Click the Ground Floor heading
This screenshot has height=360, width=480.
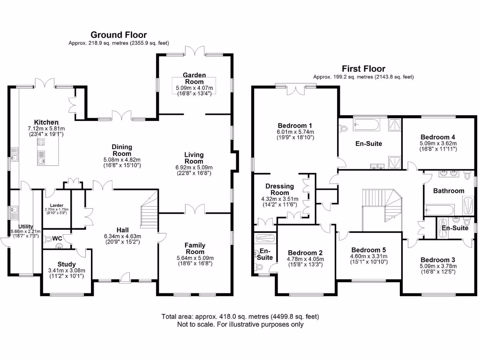click(119, 35)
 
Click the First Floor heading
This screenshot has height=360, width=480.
click(363, 68)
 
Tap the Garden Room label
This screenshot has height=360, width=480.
click(194, 78)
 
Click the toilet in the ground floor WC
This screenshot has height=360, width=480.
click(48, 239)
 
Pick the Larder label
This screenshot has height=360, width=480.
click(56, 205)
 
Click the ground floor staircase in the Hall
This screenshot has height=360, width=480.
click(150, 216)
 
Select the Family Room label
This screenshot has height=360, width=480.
click(195, 248)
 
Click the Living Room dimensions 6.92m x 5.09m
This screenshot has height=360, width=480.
click(194, 167)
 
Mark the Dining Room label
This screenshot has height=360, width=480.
click(121, 150)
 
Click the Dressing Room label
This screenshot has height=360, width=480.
click(280, 189)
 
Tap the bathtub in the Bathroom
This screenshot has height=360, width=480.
click(439, 209)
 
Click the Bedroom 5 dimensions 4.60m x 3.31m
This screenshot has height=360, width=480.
click(369, 256)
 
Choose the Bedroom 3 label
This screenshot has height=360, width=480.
click(438, 260)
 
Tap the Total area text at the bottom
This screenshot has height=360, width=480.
click(240, 316)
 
